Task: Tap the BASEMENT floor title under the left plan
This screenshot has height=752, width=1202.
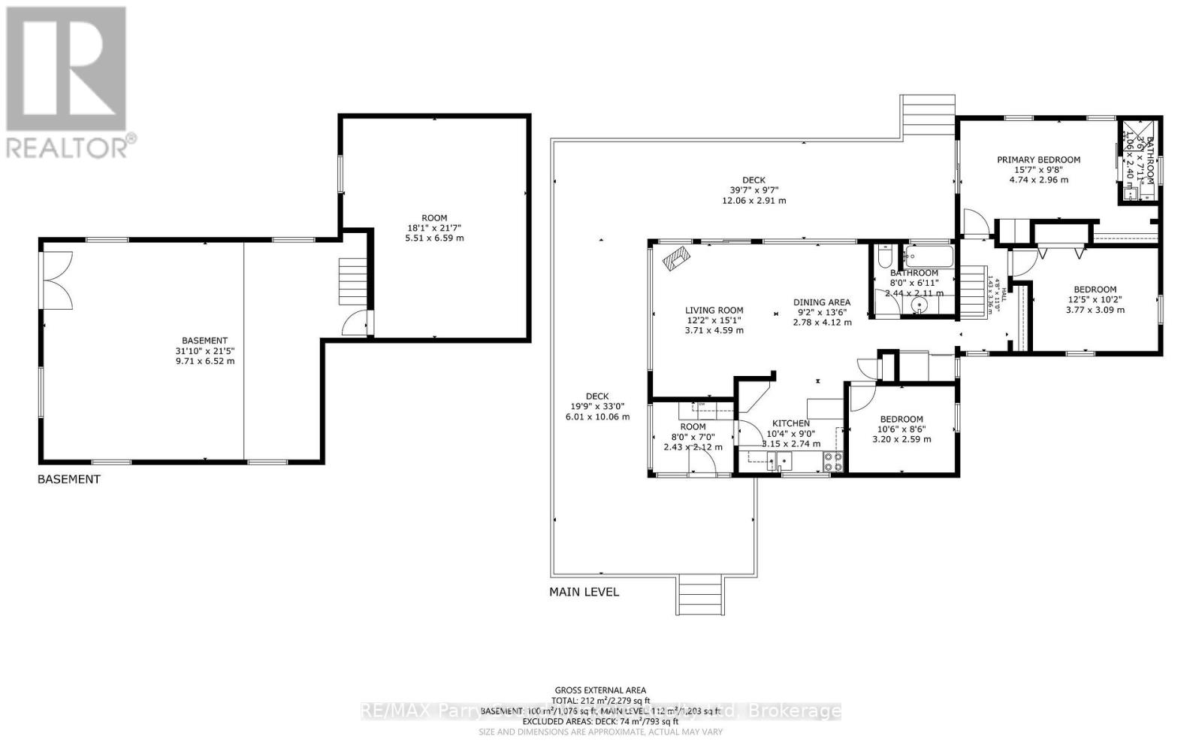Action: click(x=68, y=479)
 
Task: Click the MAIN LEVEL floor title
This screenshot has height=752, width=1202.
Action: click(x=584, y=592)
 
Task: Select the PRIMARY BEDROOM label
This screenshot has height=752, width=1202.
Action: click(x=1038, y=159)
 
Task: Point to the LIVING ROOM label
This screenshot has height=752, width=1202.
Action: click(x=714, y=310)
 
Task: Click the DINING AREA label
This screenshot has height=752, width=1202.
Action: click(x=822, y=302)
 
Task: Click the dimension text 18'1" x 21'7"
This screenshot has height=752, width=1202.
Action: click(x=434, y=228)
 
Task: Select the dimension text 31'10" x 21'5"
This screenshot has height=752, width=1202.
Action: click(x=204, y=350)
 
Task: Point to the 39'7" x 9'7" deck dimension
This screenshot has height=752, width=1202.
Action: click(x=754, y=190)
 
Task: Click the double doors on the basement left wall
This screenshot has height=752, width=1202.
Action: click(x=57, y=278)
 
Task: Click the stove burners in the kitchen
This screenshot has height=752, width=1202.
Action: click(x=833, y=461)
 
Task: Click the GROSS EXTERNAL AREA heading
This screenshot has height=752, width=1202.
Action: click(x=600, y=690)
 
